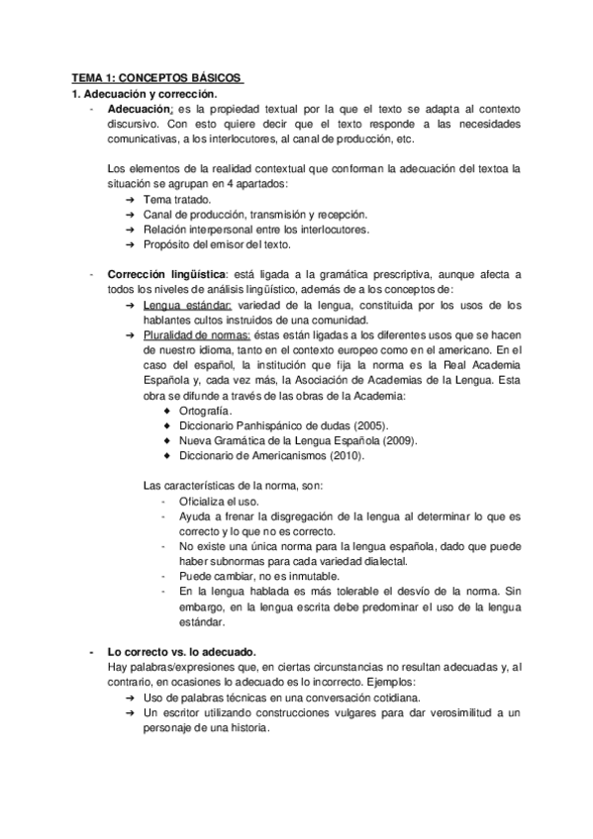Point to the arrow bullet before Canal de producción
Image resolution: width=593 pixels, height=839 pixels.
(131, 215)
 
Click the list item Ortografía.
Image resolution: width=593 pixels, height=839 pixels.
(206, 410)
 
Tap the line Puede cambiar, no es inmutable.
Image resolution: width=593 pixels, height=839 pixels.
(258, 576)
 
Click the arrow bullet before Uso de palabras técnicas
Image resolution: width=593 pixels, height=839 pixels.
(131, 698)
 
